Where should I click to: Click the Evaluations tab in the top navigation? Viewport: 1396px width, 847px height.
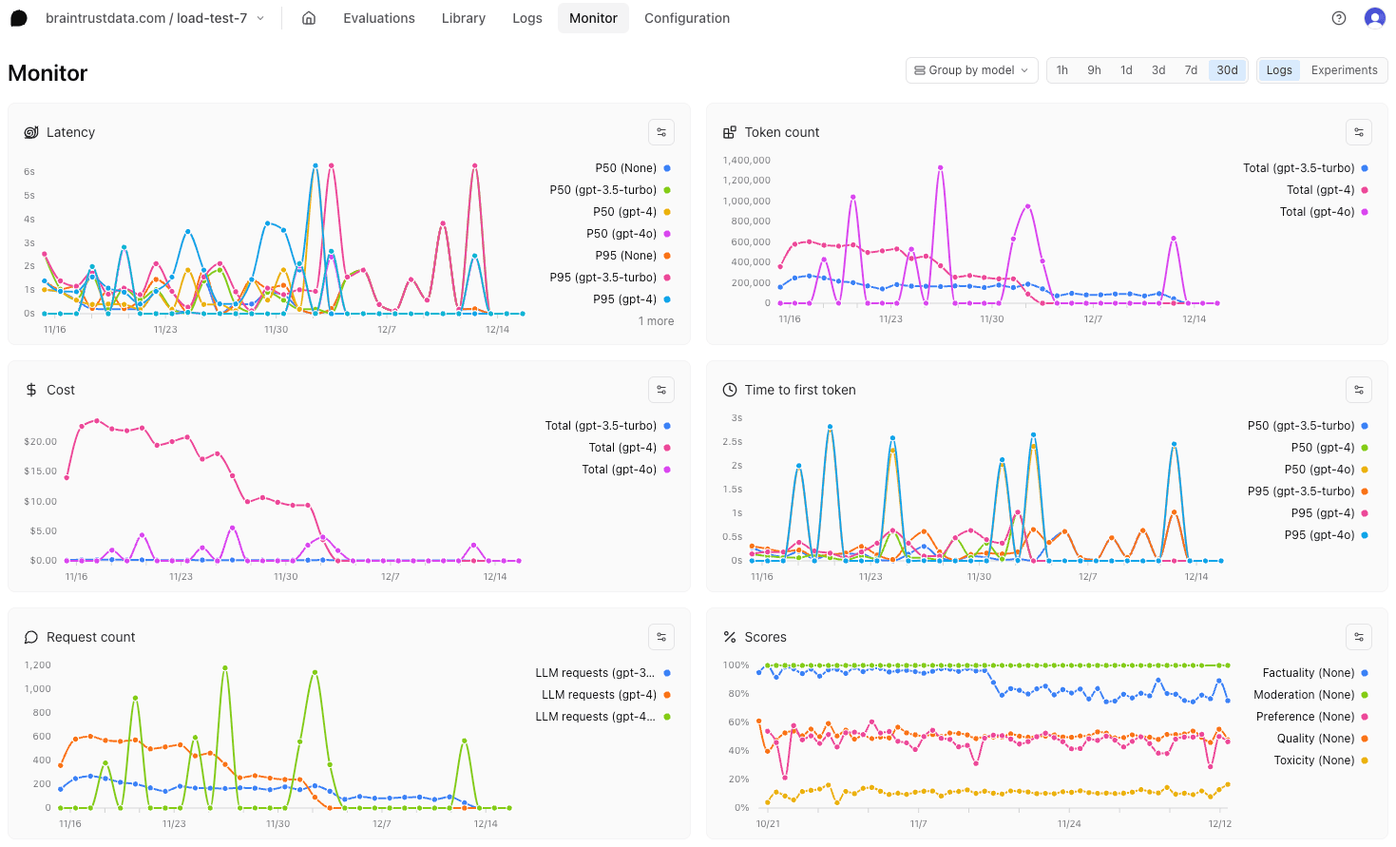(378, 18)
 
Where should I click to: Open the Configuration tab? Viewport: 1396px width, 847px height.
(686, 18)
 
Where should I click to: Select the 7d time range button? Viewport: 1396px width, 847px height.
(1191, 70)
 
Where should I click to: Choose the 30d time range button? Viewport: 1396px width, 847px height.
(1227, 70)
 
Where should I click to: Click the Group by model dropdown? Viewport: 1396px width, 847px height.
(970, 70)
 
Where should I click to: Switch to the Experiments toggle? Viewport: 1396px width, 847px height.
(1344, 70)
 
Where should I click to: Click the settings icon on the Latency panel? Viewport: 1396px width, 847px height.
(661, 132)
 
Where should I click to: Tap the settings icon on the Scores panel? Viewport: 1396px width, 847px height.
(1359, 637)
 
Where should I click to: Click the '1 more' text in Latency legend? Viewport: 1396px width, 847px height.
(656, 321)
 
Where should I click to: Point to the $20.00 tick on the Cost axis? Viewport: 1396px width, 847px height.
(40, 442)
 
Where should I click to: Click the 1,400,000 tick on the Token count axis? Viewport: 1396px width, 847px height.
(746, 161)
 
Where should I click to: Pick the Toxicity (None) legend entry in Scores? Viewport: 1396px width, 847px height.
(1313, 760)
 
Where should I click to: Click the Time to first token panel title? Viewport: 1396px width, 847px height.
(799, 390)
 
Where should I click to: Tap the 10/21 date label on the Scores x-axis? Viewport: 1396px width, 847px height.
(768, 824)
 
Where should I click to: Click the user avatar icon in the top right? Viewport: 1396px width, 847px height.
(1374, 18)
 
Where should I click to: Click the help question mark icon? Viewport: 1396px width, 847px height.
(1339, 18)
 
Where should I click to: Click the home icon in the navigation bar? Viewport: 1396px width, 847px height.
(309, 18)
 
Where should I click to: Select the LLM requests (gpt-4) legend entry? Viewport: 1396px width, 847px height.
(599, 695)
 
